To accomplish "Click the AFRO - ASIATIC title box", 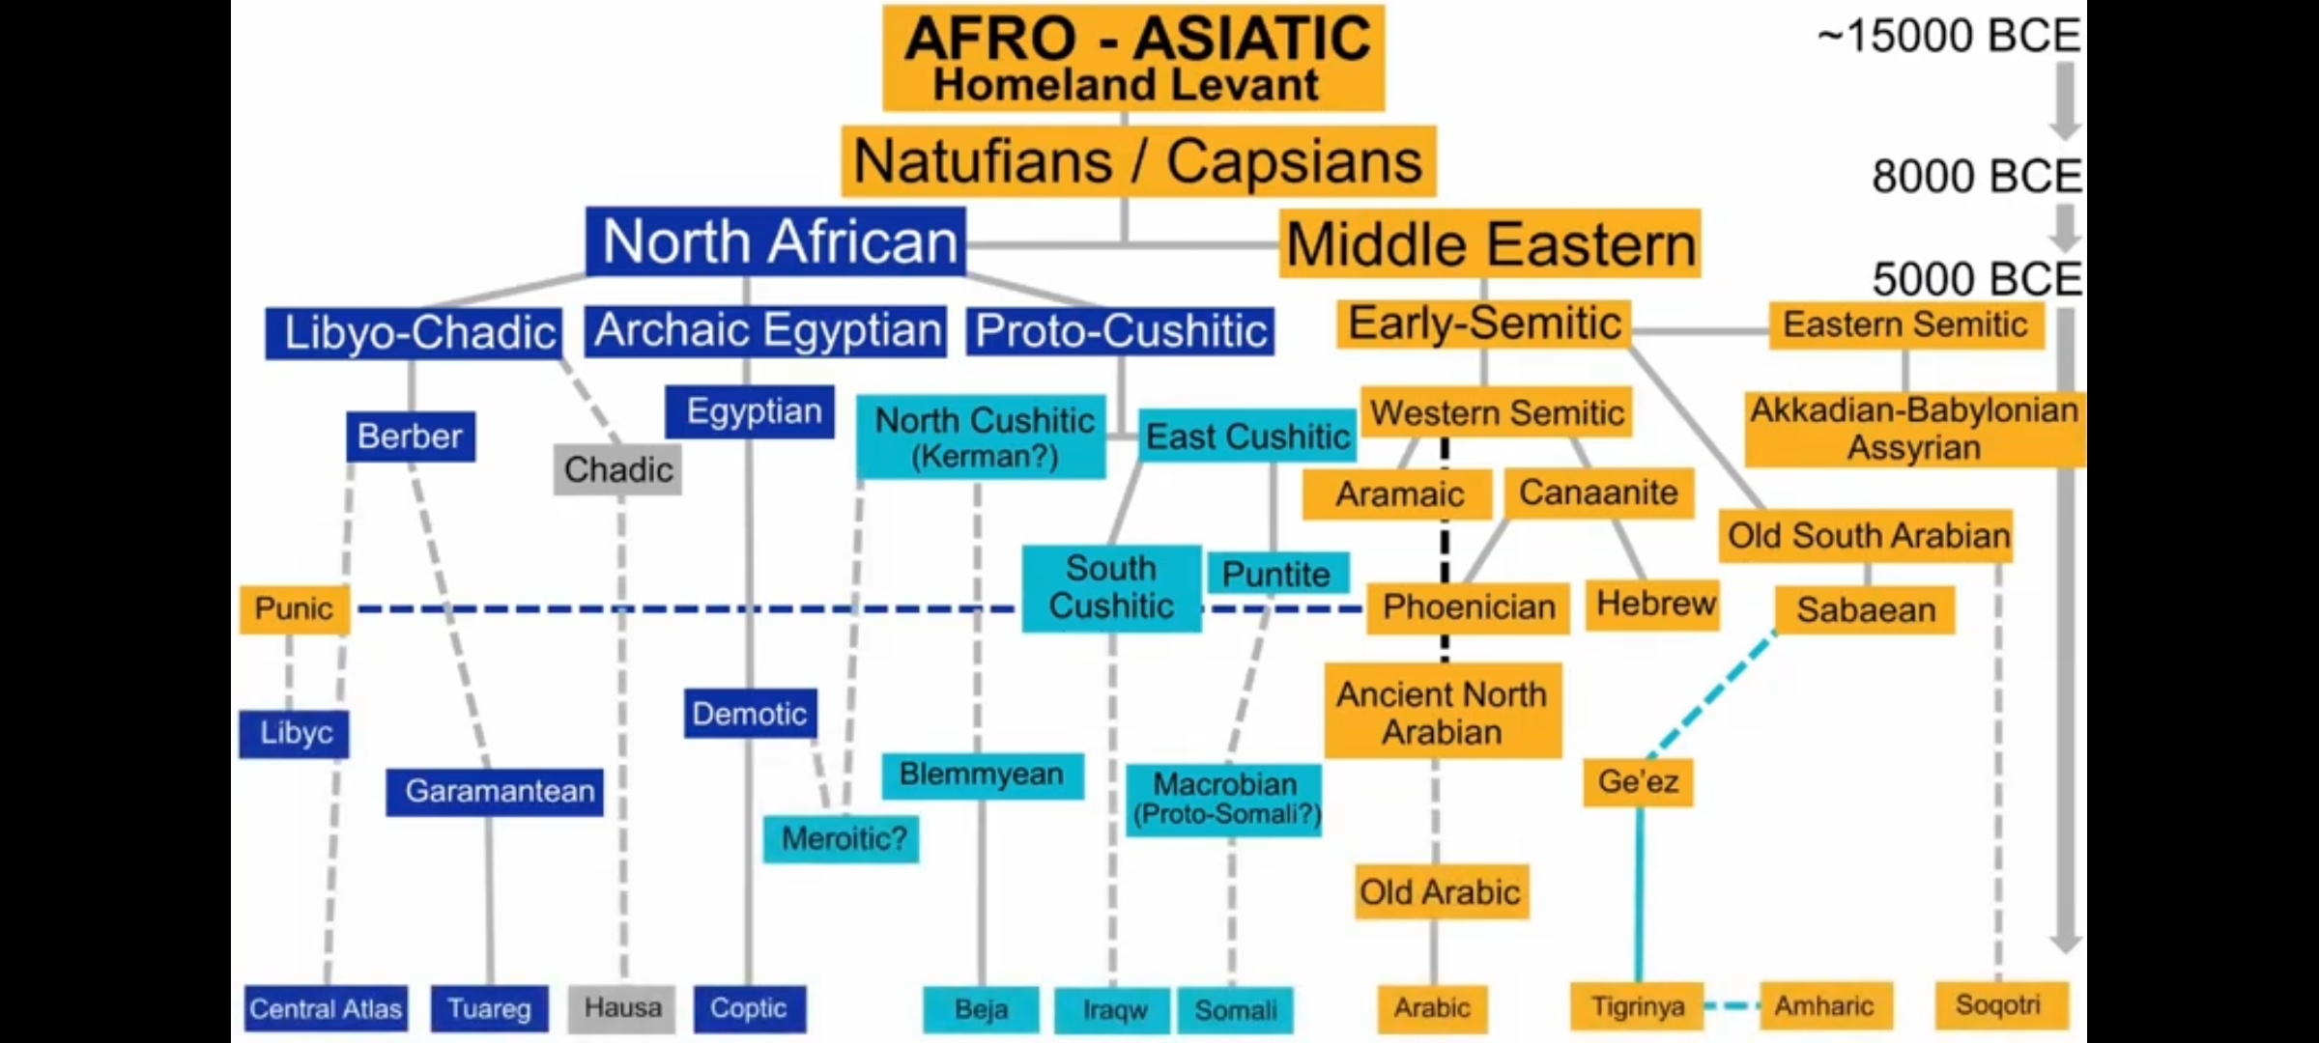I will (x=1132, y=58).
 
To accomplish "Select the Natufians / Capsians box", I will (x=1137, y=160).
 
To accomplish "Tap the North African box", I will (x=776, y=241).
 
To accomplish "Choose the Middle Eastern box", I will (x=1489, y=243).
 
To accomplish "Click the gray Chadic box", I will (x=617, y=470).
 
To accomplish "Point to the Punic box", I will (x=294, y=608).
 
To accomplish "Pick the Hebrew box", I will (x=1654, y=605).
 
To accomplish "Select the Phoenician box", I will (x=1468, y=607).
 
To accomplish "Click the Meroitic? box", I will (x=842, y=838).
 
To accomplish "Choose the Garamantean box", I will (x=495, y=792).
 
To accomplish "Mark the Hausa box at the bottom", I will (x=621, y=1008).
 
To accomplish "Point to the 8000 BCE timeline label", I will (x=1975, y=177).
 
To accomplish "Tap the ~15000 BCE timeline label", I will (x=1948, y=37).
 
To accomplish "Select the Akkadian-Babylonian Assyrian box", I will (x=1913, y=429).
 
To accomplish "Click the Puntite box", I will (x=1276, y=575).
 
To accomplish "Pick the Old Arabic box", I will (x=1439, y=892).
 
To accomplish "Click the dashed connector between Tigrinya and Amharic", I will (x=1732, y=1006).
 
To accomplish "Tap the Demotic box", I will (x=750, y=714).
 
